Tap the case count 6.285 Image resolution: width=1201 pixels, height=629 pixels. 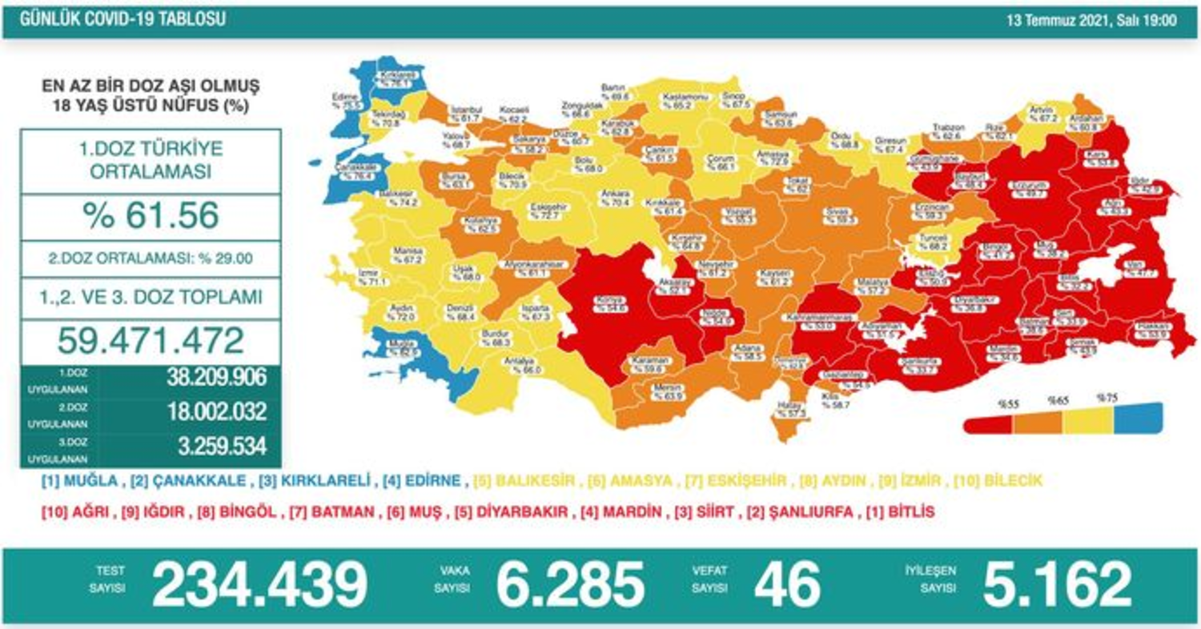pos(569,583)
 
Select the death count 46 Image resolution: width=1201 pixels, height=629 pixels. pos(787,583)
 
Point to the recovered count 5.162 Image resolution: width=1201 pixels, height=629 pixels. pos(1057,583)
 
